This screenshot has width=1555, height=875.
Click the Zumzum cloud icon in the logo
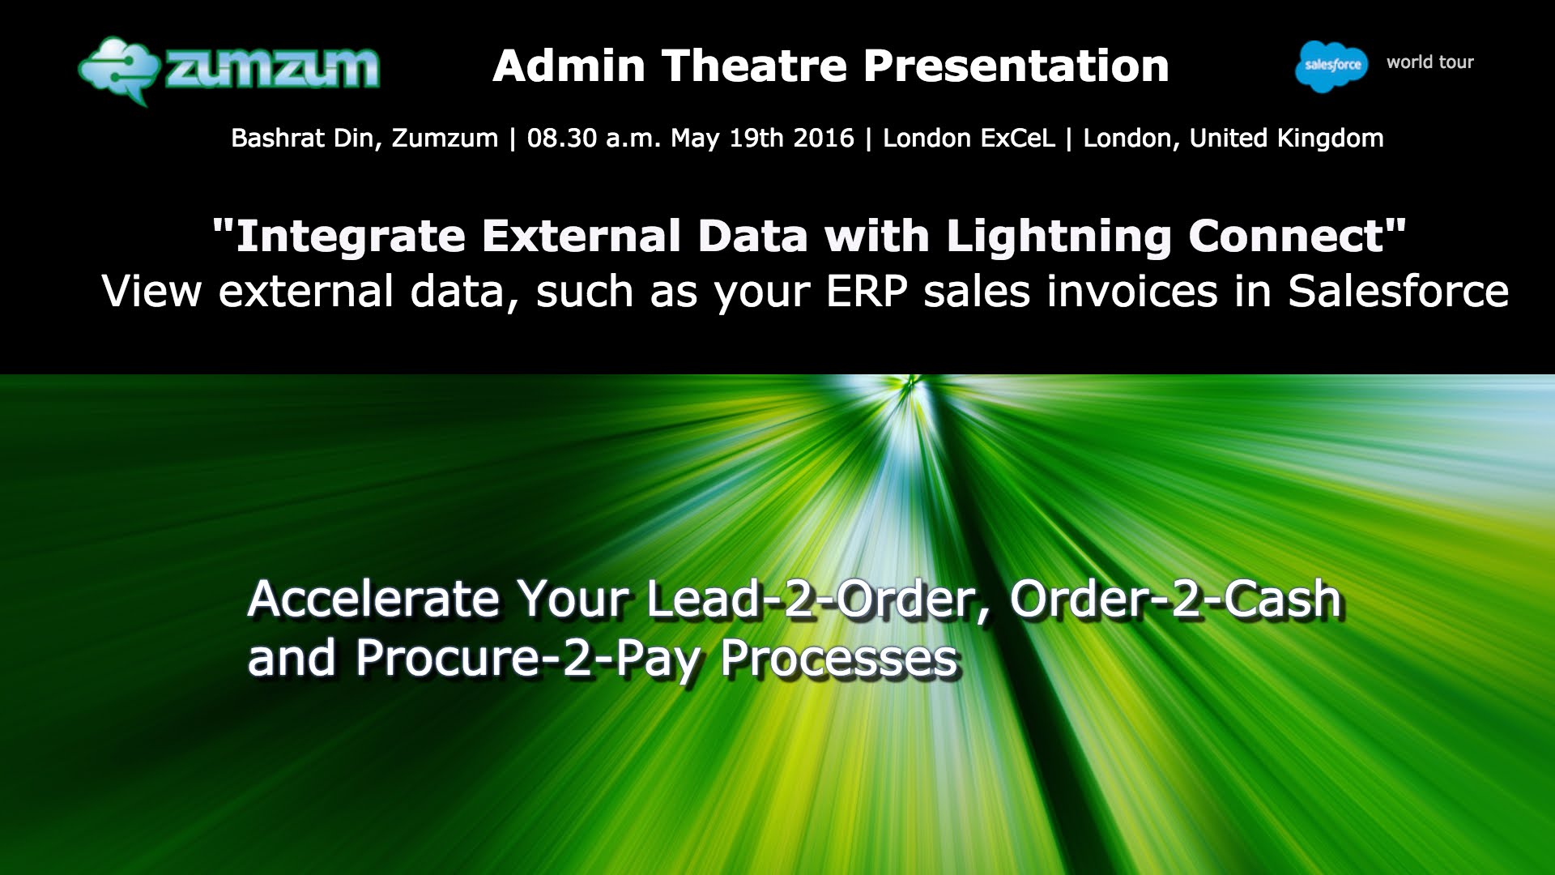tap(118, 70)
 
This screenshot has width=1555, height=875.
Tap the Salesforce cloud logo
tap(1331, 66)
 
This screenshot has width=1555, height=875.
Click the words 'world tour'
tap(1430, 62)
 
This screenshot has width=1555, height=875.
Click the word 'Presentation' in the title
tap(1016, 66)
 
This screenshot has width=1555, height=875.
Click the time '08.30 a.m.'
tap(594, 138)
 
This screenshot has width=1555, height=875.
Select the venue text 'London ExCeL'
tap(969, 138)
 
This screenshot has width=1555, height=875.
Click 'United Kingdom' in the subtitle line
tap(1287, 138)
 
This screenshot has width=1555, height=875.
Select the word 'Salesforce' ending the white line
tap(1399, 292)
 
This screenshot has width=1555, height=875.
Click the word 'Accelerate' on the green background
tap(374, 600)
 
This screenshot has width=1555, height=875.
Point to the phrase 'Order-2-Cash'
tap(1176, 600)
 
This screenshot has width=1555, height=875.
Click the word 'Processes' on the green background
tap(840, 658)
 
